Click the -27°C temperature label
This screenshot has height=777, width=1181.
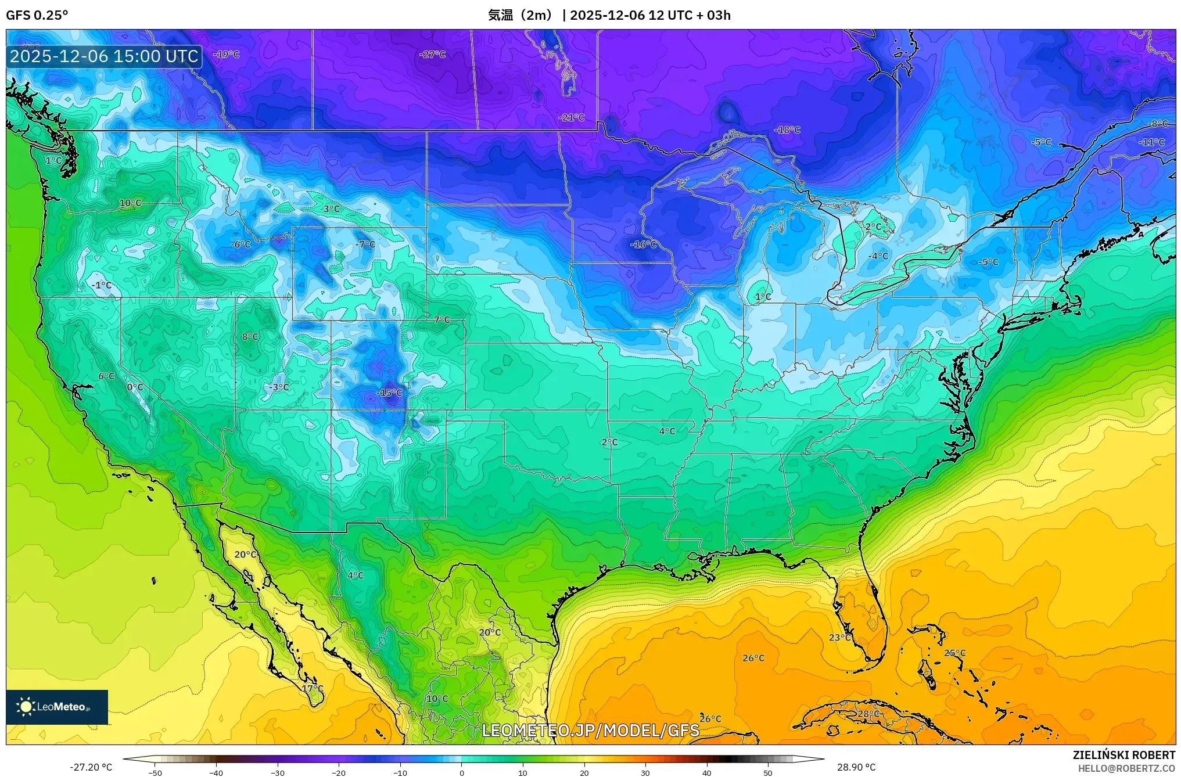coord(432,55)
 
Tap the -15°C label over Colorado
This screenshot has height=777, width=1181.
coord(389,393)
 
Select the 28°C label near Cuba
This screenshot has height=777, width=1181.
coord(868,714)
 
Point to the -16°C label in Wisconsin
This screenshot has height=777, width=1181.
coord(643,244)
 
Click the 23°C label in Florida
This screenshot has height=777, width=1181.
coord(840,637)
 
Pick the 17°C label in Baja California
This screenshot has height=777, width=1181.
coord(313,688)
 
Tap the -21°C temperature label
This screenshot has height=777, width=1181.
coord(572,117)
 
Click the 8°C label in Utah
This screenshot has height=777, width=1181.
coord(250,337)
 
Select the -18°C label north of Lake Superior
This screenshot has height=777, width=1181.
coord(787,130)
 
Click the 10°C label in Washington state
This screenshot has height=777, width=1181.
coord(131,203)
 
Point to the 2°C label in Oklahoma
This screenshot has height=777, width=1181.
coord(609,443)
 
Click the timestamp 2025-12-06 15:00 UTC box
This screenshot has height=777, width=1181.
coord(104,56)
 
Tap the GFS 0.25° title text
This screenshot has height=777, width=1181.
coord(37,15)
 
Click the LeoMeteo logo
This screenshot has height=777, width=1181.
coord(57,707)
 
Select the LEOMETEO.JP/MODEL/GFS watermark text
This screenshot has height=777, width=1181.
coord(590,730)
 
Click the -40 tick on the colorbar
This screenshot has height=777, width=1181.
coord(216,772)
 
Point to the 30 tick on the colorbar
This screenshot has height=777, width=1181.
coord(645,772)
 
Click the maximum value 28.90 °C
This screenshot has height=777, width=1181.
coord(856,767)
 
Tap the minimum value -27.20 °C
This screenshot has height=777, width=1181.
coord(91,767)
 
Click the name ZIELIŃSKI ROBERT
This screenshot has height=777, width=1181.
coord(1123,755)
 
